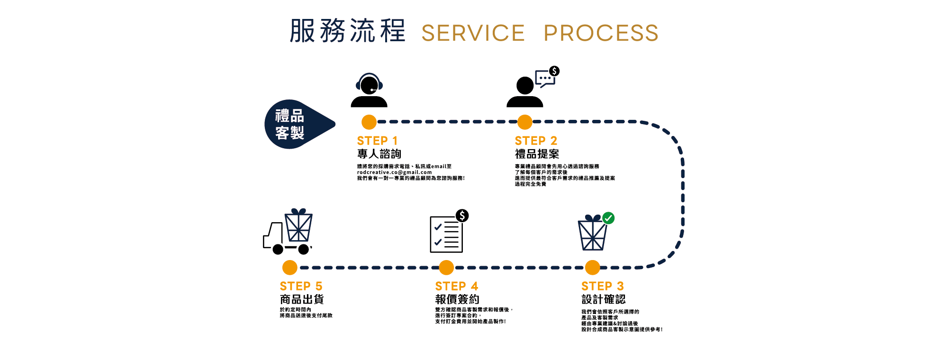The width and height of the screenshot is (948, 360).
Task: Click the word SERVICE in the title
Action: coord(473,33)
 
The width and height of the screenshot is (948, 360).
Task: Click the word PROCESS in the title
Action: coord(601,33)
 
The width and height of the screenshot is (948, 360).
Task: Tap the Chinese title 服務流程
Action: coord(347,31)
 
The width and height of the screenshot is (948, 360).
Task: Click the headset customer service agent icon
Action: coord(369,90)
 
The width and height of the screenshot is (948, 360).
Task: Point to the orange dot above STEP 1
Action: coord(369,122)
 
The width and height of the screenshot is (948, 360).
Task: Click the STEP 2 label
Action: coord(536,141)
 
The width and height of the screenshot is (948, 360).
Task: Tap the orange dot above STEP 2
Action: coord(524,122)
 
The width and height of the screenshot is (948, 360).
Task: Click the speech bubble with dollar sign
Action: coord(547,77)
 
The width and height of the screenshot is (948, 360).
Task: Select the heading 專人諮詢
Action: coord(379,154)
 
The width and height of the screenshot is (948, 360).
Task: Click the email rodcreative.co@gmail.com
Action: coord(394,172)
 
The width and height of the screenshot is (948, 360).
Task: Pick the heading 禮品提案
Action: coord(537,154)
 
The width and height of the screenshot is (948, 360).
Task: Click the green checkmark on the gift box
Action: coord(608,218)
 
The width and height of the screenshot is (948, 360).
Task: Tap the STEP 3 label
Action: coord(602,286)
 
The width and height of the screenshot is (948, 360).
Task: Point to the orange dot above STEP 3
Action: coord(592,268)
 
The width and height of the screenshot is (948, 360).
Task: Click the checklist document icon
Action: coord(446,234)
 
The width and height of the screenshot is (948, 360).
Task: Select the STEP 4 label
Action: coord(456,286)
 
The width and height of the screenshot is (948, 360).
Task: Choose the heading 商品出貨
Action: coord(302,299)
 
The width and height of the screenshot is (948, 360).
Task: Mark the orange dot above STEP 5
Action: coord(289,268)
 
